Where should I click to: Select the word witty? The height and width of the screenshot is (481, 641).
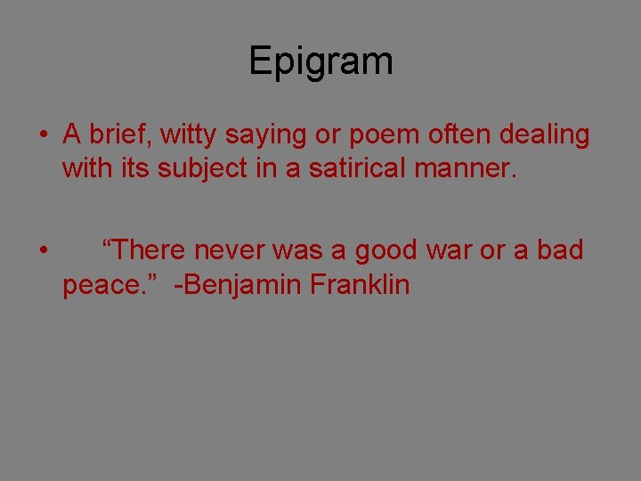click(x=189, y=135)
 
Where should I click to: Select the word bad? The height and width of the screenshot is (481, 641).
click(x=560, y=251)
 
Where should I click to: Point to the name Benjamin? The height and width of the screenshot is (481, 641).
click(x=239, y=286)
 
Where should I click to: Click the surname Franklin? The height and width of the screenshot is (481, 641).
click(x=361, y=284)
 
